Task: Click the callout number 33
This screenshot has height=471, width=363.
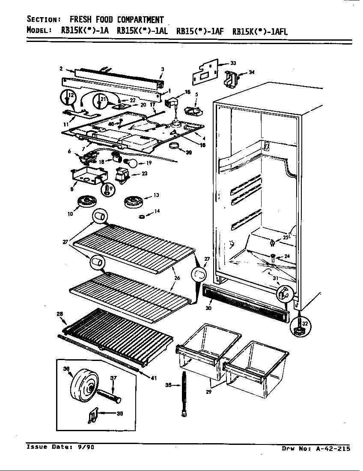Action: (233, 63)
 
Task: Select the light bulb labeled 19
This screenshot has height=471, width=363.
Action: (131, 162)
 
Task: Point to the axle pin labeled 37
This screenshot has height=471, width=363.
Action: (109, 395)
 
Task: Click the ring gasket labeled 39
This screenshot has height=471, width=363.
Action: (174, 147)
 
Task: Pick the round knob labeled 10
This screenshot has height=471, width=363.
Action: (88, 202)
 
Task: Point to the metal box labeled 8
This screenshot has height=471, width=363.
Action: (88, 176)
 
